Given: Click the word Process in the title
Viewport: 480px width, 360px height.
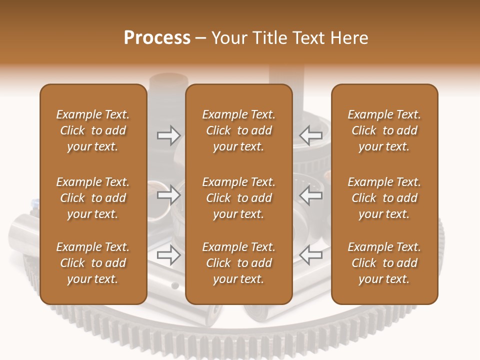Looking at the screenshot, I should [x=157, y=38].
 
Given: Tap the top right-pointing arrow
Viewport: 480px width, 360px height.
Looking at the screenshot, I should [x=168, y=135].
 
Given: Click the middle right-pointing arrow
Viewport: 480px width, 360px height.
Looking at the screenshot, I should [x=168, y=195].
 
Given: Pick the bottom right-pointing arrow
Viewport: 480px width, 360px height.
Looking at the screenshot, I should [x=168, y=255].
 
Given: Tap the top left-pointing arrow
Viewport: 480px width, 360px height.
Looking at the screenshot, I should [x=310, y=135].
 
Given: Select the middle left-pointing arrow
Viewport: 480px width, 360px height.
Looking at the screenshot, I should [x=310, y=195].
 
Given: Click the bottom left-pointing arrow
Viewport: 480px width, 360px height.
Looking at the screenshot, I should [x=310, y=255].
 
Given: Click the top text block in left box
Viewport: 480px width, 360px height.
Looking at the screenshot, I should [x=93, y=130].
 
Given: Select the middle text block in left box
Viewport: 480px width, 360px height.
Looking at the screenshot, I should [x=93, y=198].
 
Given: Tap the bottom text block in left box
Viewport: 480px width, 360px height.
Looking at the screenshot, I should [x=93, y=263].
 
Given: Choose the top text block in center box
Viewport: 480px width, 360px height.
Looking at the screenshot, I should [x=238, y=130].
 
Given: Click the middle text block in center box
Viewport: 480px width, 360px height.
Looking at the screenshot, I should [x=238, y=198].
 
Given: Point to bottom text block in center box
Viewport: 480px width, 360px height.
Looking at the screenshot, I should [x=238, y=263].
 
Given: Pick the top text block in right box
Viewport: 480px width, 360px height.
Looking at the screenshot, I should [x=384, y=130].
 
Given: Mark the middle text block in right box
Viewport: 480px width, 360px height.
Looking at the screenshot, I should [x=384, y=198].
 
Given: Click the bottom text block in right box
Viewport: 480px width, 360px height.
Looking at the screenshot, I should [x=384, y=263].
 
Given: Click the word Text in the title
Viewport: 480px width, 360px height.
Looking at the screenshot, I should [x=308, y=38].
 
